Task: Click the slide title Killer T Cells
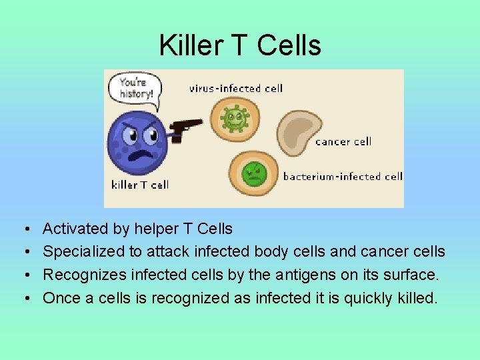(x=240, y=45)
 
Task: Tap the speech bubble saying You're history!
(x=136, y=88)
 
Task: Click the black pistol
(x=184, y=128)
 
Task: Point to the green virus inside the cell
(x=235, y=119)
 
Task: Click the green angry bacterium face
(x=253, y=174)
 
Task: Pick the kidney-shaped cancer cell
(x=297, y=132)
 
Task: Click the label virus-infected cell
(x=236, y=88)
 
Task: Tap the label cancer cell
(x=343, y=141)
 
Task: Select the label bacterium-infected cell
(x=343, y=177)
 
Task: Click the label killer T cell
(x=140, y=185)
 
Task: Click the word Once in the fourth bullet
(x=61, y=297)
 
